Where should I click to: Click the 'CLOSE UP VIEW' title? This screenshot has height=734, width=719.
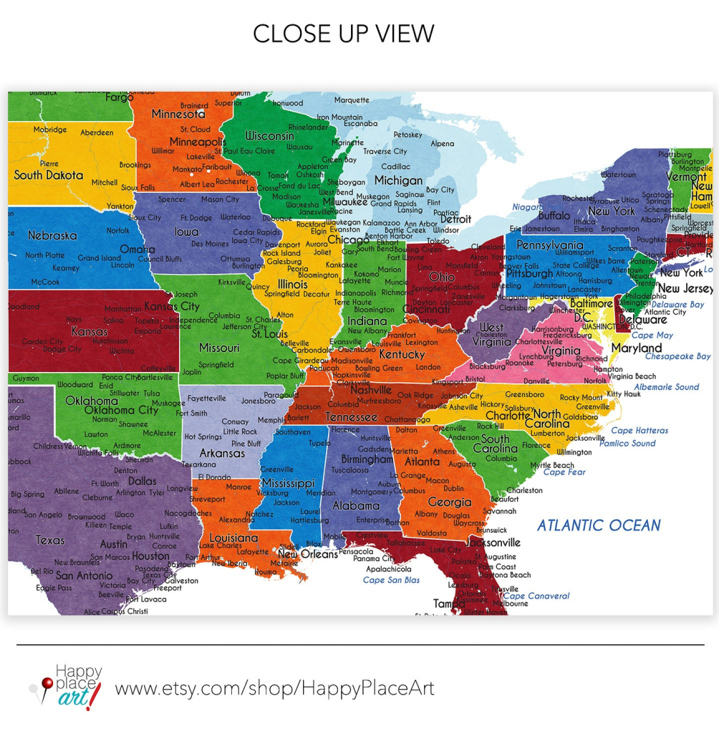point(343,34)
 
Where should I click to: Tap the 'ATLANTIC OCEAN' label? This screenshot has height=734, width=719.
point(599,525)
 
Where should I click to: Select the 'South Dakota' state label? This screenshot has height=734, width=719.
point(49,175)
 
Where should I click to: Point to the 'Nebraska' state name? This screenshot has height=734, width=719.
point(52,235)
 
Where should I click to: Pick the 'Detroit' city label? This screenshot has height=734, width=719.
point(455,219)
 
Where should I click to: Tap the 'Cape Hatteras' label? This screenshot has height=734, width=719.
point(640,431)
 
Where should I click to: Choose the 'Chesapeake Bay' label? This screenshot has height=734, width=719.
point(677,356)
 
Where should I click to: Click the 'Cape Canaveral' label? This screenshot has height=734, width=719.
point(536,596)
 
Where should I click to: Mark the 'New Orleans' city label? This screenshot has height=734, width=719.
point(307,554)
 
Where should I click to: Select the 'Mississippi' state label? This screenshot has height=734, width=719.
point(288,482)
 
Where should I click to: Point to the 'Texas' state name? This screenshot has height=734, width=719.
point(50,540)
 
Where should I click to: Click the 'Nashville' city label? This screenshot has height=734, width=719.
point(371,390)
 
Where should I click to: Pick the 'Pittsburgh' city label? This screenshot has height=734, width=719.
point(529,274)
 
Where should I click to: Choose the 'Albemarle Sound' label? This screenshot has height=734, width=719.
point(666,387)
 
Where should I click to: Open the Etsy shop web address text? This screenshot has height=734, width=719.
point(274,689)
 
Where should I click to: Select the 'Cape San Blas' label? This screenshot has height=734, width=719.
point(391,581)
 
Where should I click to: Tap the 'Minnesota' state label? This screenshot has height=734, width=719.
point(178,114)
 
